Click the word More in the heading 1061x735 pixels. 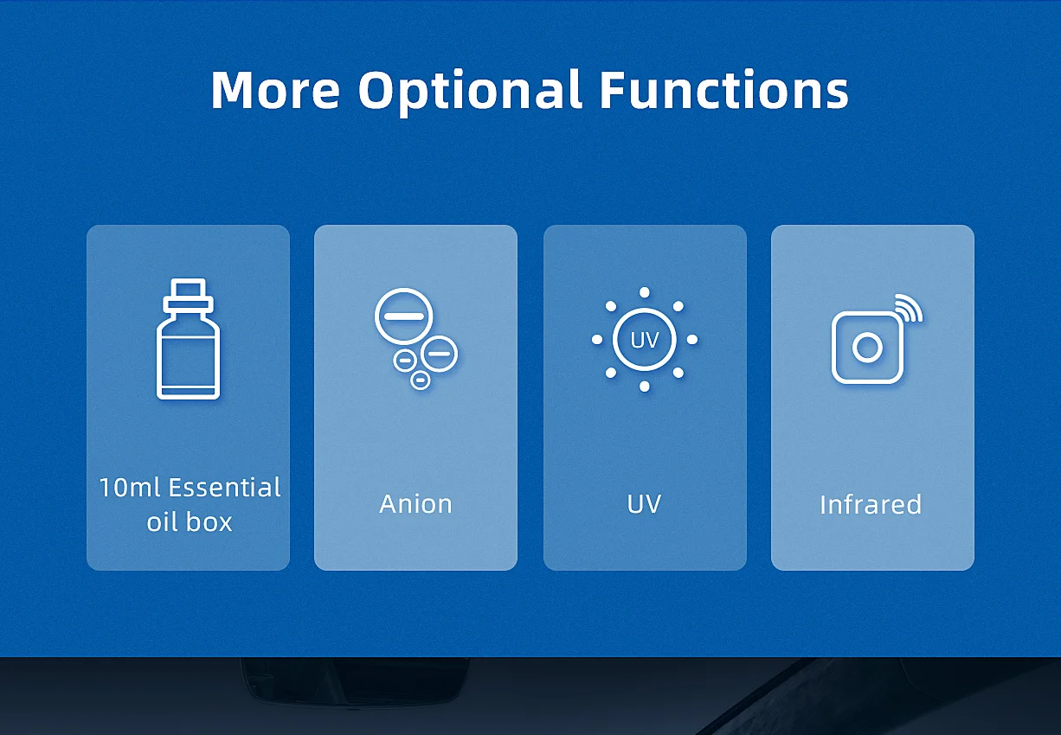point(275,89)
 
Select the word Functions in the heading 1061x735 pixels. point(723,89)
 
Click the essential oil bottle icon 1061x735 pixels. point(188,339)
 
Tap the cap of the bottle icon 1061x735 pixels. point(188,294)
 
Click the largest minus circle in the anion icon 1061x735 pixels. point(403,316)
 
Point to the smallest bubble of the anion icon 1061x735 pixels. point(420,380)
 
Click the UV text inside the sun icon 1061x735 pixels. point(644,340)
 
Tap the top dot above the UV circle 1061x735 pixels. point(645,292)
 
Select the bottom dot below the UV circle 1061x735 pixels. point(645,387)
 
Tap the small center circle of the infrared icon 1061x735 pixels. point(867,348)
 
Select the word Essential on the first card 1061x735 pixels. point(224,488)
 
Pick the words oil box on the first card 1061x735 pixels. point(190,522)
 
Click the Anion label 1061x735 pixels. point(416,504)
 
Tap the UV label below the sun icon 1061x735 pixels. point(644,504)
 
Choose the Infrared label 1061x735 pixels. point(871,504)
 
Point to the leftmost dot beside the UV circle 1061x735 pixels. point(597,339)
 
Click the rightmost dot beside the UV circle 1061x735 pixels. point(692,339)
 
